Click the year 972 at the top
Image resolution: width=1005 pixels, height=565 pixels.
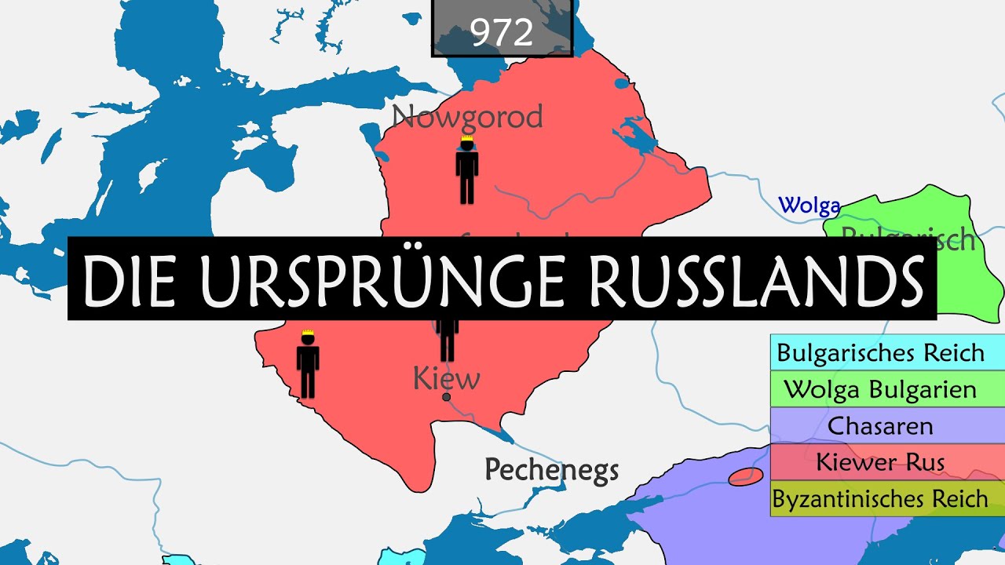coord(502,31)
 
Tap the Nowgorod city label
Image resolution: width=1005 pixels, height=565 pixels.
coord(468,117)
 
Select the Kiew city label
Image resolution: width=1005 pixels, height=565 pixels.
coord(446,379)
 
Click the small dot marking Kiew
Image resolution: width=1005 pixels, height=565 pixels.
coord(446,397)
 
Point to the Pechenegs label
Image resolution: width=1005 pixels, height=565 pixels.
coord(551,469)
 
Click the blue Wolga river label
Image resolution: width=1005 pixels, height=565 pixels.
coord(809,206)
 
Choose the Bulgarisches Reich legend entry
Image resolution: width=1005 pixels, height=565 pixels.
coord(880,353)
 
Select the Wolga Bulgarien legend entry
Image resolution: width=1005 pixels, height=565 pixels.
coord(880,389)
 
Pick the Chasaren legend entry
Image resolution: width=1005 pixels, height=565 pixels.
coord(880,425)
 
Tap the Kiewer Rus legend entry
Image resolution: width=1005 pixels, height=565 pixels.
coord(880,461)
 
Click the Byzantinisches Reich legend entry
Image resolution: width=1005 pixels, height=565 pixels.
coord(880,498)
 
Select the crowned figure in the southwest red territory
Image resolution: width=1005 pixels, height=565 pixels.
coord(308,367)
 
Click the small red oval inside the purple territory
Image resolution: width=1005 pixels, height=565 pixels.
coord(745,476)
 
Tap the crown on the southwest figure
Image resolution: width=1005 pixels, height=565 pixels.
coord(308,336)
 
